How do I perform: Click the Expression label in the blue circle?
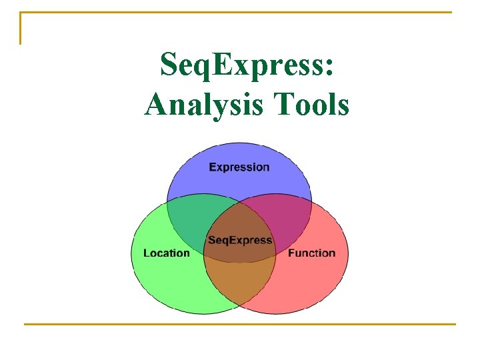point(239,167)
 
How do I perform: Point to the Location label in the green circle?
point(166,253)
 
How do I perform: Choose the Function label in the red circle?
point(311,253)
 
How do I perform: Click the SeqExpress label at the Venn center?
point(240,240)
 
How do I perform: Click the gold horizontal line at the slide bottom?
point(240,325)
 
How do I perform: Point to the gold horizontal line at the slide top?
point(240,13)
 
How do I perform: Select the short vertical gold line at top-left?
point(21,28)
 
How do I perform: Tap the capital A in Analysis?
point(157,104)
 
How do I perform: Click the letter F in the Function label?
point(291,253)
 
